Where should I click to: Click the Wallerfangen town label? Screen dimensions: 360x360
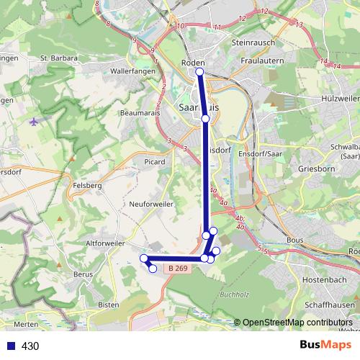click(x=130, y=72)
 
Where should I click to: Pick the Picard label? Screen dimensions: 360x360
click(x=155, y=162)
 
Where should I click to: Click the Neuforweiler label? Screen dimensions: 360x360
click(x=151, y=204)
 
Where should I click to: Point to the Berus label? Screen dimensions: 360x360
click(x=83, y=274)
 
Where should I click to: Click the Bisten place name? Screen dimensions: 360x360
click(x=108, y=305)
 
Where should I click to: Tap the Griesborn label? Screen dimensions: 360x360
click(x=312, y=168)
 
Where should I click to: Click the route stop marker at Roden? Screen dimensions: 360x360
click(x=199, y=72)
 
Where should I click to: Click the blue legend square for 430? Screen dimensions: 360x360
click(x=9, y=346)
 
